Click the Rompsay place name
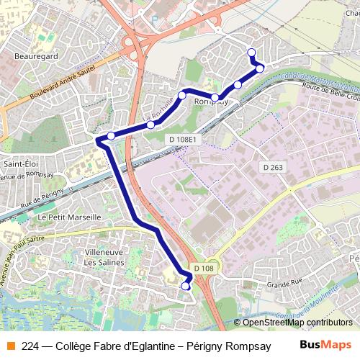pos(211,102)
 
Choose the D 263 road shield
pos(274,167)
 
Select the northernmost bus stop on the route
pos(251,51)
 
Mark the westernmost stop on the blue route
pos(111,135)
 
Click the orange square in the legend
pos(11,345)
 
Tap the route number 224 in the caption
pos(30,345)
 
